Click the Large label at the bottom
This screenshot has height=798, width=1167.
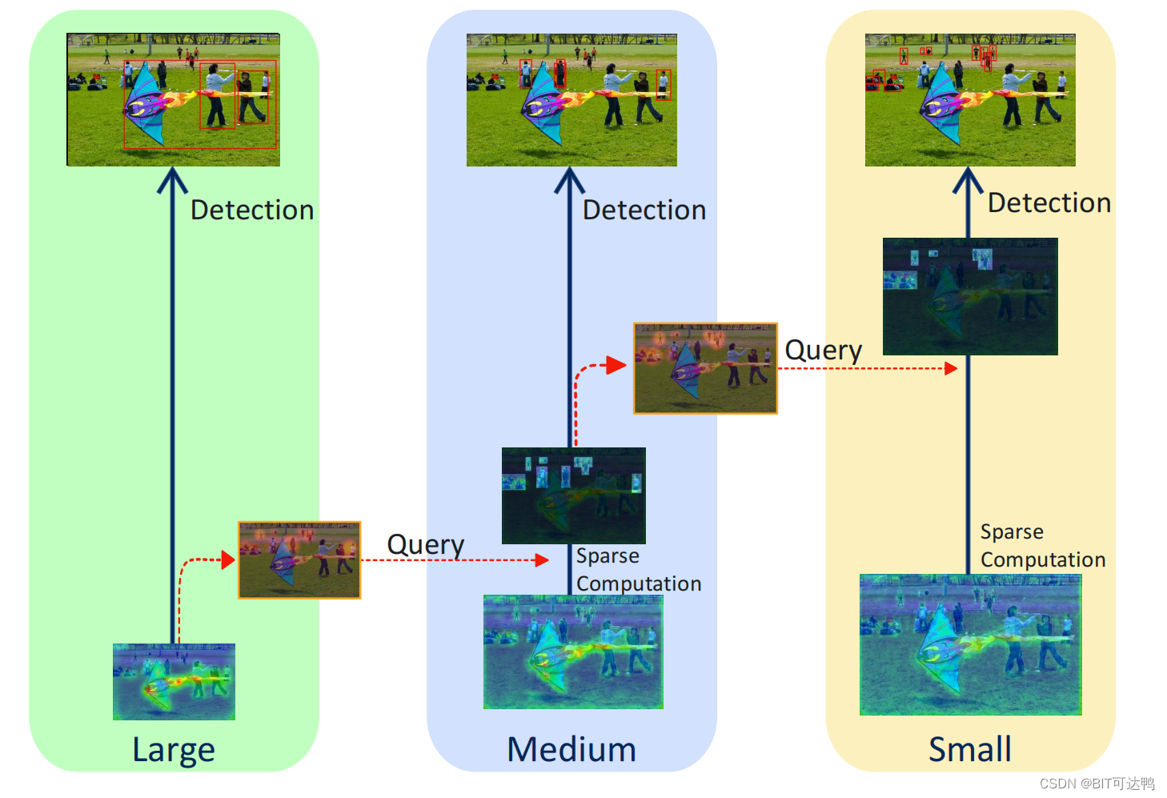(x=174, y=750)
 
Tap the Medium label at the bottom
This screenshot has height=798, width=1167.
(x=571, y=750)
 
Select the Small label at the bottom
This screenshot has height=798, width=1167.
(x=969, y=750)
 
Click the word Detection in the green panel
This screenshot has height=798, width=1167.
(x=252, y=210)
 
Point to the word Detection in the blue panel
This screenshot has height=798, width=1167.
(x=644, y=210)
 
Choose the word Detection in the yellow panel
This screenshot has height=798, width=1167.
(x=1049, y=203)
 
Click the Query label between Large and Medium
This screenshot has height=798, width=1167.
(x=425, y=544)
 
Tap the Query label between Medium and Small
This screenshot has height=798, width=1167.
(x=823, y=351)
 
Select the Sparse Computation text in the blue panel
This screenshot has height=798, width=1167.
(x=638, y=570)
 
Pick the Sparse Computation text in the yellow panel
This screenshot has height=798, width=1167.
(x=1042, y=546)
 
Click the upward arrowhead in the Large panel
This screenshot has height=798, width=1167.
(x=172, y=179)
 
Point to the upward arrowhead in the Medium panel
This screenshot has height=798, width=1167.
(x=570, y=179)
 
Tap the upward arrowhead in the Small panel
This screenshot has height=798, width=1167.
(x=968, y=179)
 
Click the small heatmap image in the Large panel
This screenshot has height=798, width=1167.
(x=174, y=682)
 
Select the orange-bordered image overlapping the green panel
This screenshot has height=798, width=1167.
(x=299, y=560)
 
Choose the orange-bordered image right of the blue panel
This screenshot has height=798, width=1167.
(x=705, y=368)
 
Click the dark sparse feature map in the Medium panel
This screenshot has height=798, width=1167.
(x=573, y=495)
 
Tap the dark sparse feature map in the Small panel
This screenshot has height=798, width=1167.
(x=970, y=296)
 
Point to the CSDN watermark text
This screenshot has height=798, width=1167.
(x=1097, y=784)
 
